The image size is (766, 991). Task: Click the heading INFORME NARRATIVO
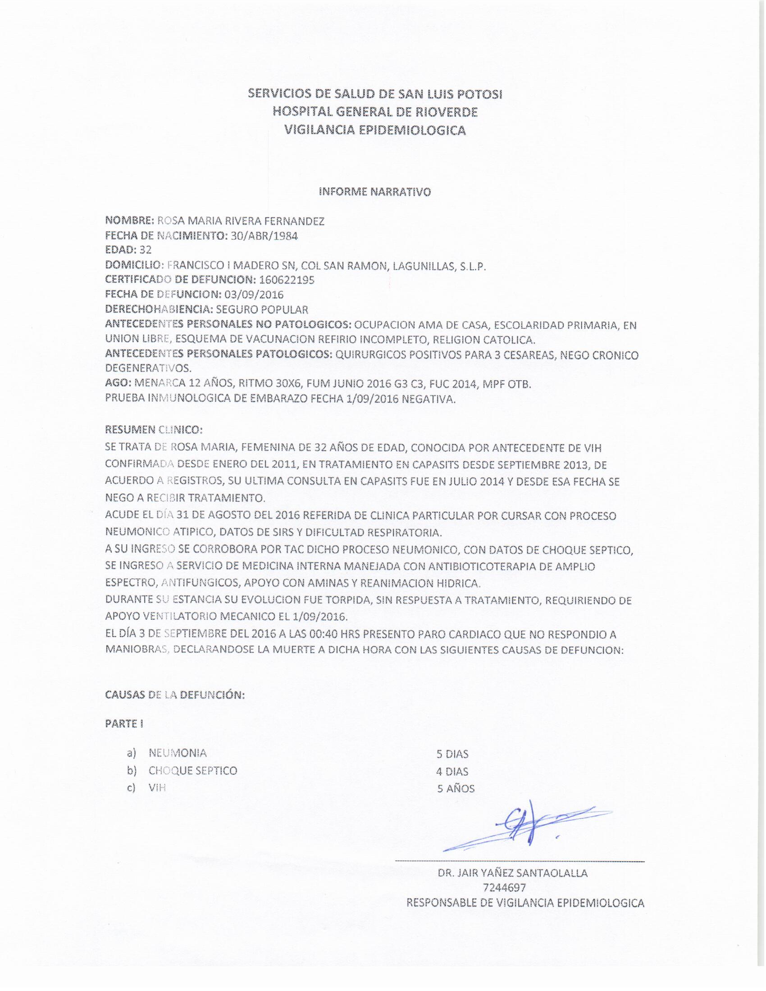tap(375, 192)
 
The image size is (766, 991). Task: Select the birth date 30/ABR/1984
tap(264, 236)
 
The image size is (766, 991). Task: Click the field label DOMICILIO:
tap(134, 265)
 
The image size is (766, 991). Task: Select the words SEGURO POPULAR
tap(262, 310)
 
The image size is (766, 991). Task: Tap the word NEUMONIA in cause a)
tap(178, 753)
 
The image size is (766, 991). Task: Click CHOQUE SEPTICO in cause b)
tap(192, 770)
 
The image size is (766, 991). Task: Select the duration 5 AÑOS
tap(456, 789)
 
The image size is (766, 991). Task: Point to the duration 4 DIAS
tap(452, 771)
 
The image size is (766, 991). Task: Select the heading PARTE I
tap(124, 724)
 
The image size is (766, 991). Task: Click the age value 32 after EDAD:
tap(146, 250)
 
